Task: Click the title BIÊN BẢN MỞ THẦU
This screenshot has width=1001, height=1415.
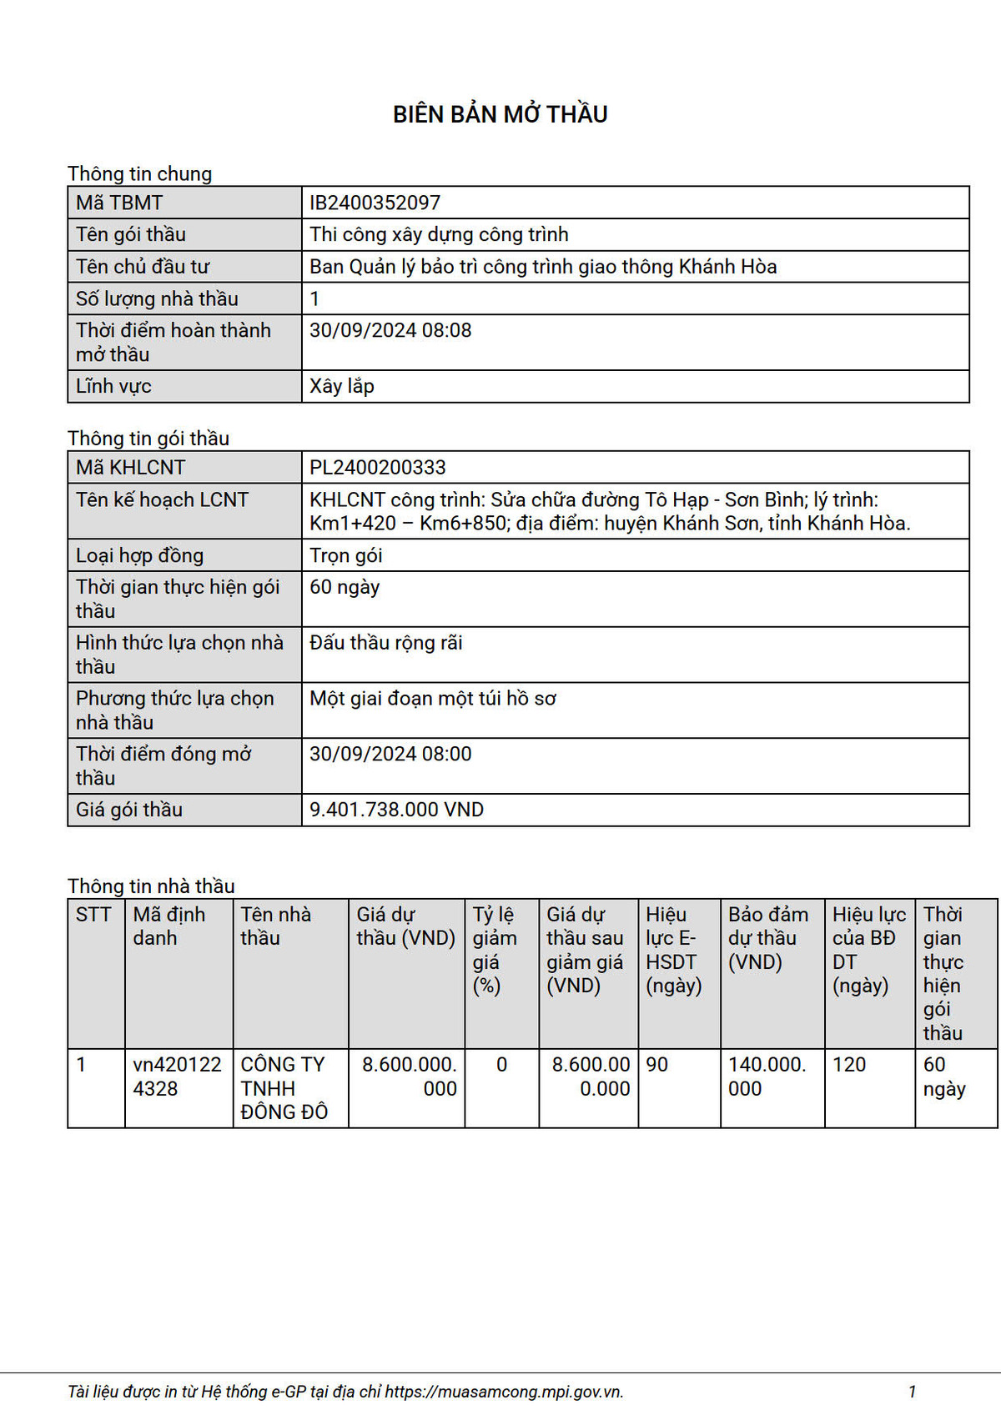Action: pyautogui.click(x=500, y=114)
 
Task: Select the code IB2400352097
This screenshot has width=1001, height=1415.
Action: pyautogui.click(x=375, y=203)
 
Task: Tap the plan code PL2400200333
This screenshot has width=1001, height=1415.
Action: pyautogui.click(x=377, y=468)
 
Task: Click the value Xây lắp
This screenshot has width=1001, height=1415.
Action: pyautogui.click(x=341, y=386)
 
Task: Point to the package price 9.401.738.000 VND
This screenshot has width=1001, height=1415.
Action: pyautogui.click(x=396, y=810)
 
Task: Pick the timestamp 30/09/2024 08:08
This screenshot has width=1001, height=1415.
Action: pyautogui.click(x=390, y=330)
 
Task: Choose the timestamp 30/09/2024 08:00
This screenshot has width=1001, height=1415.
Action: pyautogui.click(x=390, y=754)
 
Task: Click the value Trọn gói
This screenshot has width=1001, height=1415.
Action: pyautogui.click(x=345, y=555)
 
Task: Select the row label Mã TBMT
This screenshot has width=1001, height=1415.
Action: pyautogui.click(x=119, y=203)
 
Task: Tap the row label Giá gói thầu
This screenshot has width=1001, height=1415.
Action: pyautogui.click(x=129, y=810)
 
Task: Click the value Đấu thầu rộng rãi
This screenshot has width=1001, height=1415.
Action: pyautogui.click(x=385, y=643)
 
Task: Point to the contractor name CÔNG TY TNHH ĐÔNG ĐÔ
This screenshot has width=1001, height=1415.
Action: pyautogui.click(x=284, y=1088)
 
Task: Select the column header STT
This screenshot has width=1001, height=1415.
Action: pyautogui.click(x=93, y=915)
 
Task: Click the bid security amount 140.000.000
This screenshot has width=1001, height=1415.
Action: pyautogui.click(x=767, y=1076)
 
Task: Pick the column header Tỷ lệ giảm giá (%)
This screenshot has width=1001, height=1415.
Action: pyautogui.click(x=494, y=950)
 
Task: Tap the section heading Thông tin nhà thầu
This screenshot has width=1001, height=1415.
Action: pyautogui.click(x=151, y=886)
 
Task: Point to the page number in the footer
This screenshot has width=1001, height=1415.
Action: pyautogui.click(x=912, y=1392)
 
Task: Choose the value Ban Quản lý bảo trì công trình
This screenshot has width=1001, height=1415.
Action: pyautogui.click(x=543, y=267)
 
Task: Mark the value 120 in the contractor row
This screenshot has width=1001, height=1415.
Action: pyautogui.click(x=849, y=1065)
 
